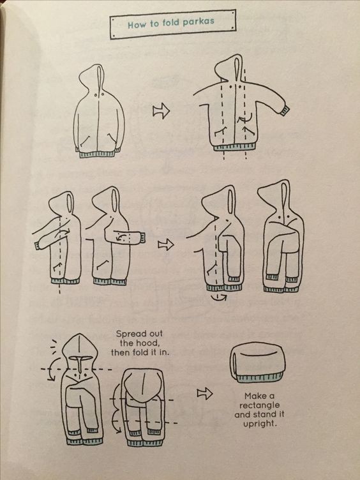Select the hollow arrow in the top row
click(x=161, y=111)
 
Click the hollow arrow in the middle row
click(x=165, y=244)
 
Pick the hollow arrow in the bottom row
click(x=204, y=393)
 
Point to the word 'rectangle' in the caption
click(x=259, y=405)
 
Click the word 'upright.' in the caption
click(x=259, y=424)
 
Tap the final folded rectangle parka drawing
click(x=257, y=362)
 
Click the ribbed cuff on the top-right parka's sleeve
click(x=284, y=110)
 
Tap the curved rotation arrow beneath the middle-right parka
click(x=219, y=297)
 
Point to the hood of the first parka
click(x=92, y=77)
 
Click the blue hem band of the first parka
click(x=98, y=154)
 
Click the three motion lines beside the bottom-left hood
click(x=54, y=347)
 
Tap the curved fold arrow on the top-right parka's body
click(x=245, y=119)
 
